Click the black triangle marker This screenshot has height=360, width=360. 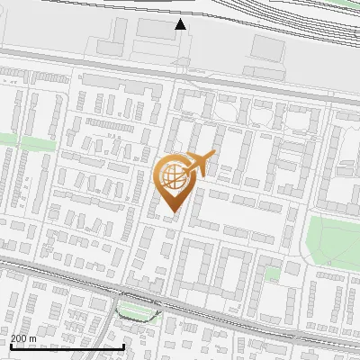181,24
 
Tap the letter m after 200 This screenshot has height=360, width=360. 34,338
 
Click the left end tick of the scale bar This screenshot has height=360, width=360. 11,346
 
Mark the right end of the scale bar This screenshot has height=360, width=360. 123,346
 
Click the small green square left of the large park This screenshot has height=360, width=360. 273,272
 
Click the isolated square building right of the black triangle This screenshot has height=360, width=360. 266,46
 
